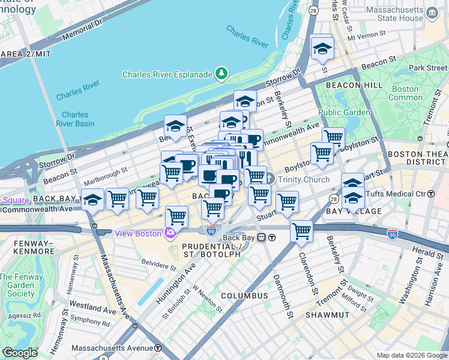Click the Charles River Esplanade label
pos(167,74)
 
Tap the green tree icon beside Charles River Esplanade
pos(221,74)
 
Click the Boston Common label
pos(406,93)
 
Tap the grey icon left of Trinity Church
pos(270,179)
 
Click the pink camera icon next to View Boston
pos(171,233)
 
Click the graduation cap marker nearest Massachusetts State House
pos(322,49)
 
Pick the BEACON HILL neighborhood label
pos(354,86)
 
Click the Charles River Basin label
pos(75,119)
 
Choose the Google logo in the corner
pos(19,353)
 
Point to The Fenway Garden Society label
pos(18,285)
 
